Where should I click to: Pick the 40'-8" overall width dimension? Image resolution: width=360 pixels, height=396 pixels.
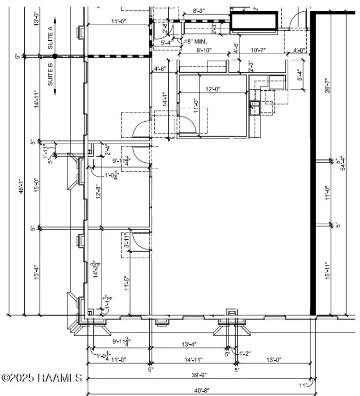199,390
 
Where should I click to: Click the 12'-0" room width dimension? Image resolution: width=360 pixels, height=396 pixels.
212,89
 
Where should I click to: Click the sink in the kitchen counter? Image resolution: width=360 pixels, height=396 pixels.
254,107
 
